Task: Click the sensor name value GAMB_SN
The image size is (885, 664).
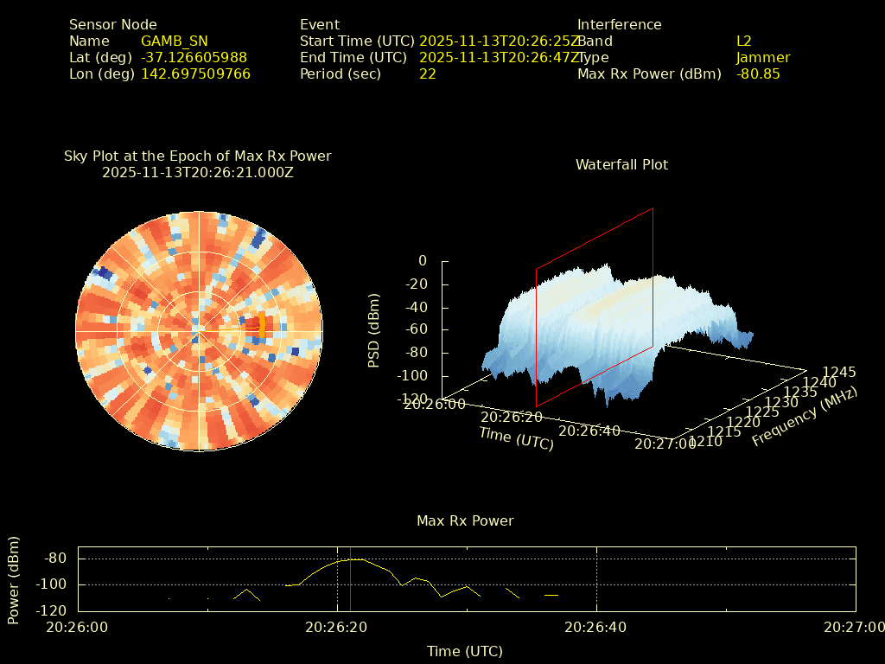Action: pyautogui.click(x=174, y=41)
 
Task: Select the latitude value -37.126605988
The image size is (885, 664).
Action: pyautogui.click(x=194, y=57)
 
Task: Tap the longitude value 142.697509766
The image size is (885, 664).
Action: pyautogui.click(x=195, y=73)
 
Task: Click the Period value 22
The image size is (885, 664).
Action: pyautogui.click(x=427, y=73)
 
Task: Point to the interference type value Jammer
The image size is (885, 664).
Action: pyautogui.click(x=763, y=57)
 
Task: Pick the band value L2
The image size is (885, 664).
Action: pyautogui.click(x=744, y=41)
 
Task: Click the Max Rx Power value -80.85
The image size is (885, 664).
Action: pyautogui.click(x=758, y=73)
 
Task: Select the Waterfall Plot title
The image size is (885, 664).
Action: pyautogui.click(x=621, y=164)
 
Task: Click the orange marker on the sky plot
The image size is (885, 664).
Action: pyautogui.click(x=262, y=327)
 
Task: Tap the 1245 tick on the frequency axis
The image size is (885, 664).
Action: pyautogui.click(x=839, y=372)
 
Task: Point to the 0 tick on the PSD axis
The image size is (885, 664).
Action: pyautogui.click(x=422, y=260)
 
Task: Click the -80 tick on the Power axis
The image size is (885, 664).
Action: pyautogui.click(x=56, y=559)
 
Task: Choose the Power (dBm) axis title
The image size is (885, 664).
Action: pyautogui.click(x=14, y=579)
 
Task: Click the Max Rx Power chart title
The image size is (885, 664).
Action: pyautogui.click(x=465, y=520)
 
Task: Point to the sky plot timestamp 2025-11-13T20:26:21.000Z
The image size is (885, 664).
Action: pyautogui.click(x=197, y=172)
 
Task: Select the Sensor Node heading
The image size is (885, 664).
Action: pyautogui.click(x=112, y=24)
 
